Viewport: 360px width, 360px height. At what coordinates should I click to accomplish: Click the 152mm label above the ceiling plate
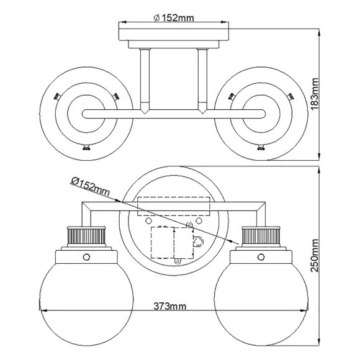173,17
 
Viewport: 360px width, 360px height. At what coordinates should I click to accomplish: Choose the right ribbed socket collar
259,236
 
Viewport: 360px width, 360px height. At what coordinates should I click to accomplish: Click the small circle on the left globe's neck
86,256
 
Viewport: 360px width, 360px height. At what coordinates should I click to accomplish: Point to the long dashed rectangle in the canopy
173,207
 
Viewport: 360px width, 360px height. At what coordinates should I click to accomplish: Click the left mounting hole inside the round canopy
148,219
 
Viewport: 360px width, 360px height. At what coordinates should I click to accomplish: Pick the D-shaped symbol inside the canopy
198,241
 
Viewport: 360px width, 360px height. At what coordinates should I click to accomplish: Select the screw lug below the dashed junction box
178,261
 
